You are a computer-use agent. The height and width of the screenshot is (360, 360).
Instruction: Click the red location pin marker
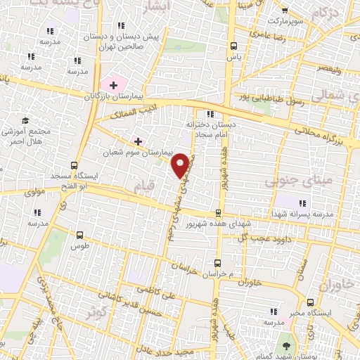pos(180,165)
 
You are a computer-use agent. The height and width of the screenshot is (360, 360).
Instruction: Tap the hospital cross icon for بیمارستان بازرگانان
pos(113,84)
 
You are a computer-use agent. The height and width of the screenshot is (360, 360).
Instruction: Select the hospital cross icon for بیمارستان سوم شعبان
pos(138,141)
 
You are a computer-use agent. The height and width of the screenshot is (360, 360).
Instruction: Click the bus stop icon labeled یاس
pos(233,46)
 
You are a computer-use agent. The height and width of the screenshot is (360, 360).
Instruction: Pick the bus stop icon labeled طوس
pos(79,235)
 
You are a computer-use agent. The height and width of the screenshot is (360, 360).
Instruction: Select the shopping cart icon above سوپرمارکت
pos(284,11)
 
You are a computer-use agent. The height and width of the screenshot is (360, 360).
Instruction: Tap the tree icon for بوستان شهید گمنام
pos(285,345)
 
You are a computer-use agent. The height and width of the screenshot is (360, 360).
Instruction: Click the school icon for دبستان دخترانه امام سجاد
pos(209,115)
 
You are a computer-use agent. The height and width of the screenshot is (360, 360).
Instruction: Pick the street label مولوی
pos(35,191)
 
